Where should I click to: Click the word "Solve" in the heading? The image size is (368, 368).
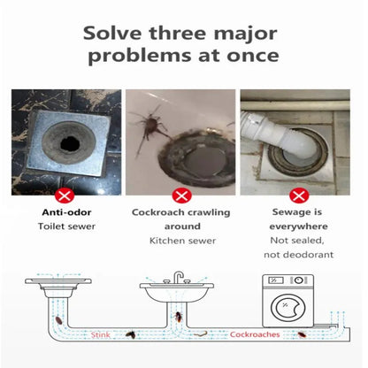coord(113,34)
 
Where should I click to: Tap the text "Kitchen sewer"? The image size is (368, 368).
coord(183,240)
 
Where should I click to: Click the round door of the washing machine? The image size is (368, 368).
coord(285,309)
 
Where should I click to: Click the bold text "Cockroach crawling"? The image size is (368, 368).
coord(183,212)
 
